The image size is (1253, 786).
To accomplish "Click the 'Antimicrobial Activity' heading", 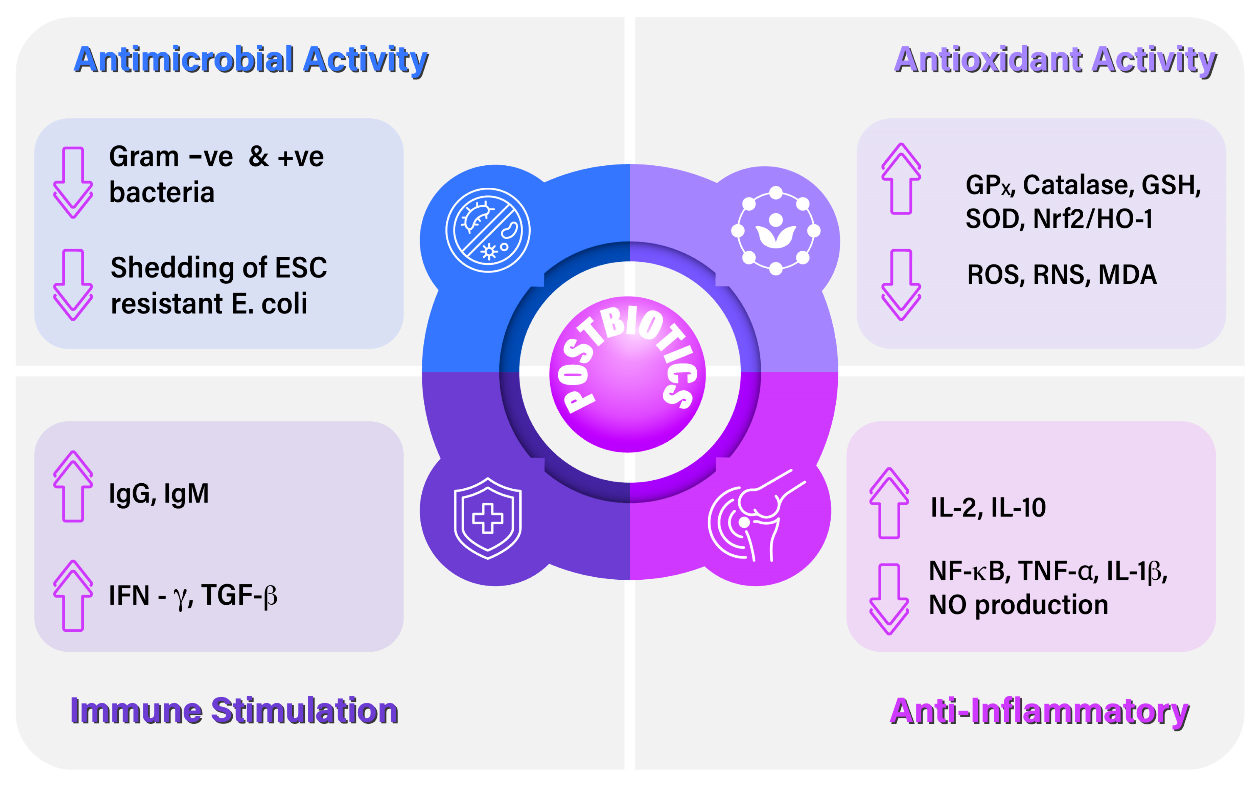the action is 251,60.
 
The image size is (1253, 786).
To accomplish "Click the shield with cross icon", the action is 487,518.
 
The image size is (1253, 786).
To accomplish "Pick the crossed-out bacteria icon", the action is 487,230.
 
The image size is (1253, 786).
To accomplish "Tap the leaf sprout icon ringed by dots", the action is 775,230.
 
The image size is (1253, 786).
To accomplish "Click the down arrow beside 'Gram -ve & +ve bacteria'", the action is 73,182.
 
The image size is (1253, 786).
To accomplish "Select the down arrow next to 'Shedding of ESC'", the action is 73,284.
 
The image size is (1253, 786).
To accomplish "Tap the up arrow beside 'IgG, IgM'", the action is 73,486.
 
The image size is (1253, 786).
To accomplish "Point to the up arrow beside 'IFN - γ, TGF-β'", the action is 73,595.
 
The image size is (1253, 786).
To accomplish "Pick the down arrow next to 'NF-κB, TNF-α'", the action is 889,599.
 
